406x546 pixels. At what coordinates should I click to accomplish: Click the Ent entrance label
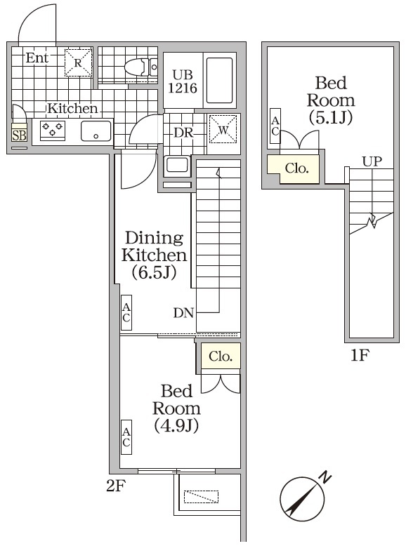[x=37, y=58]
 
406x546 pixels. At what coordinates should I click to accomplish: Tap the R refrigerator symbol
[x=79, y=62]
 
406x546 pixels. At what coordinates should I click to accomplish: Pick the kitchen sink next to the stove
[x=95, y=131]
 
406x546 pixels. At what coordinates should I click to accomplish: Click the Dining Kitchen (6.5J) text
[x=153, y=255]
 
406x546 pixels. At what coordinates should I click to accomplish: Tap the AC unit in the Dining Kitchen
[x=126, y=312]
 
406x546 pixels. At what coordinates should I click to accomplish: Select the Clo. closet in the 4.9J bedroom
[x=220, y=356]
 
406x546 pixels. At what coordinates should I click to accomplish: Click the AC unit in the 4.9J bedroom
[x=126, y=437]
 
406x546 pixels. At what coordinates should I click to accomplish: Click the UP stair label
[x=372, y=161]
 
